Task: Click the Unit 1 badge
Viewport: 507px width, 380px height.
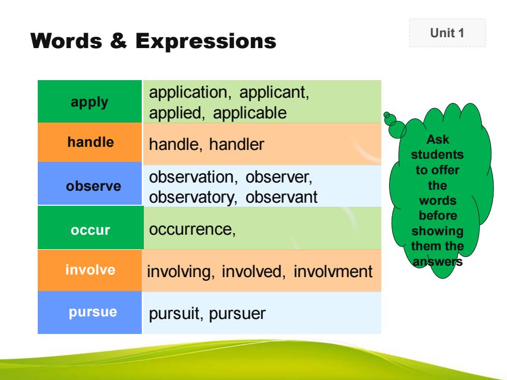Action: (447, 33)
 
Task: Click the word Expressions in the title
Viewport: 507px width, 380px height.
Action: (206, 41)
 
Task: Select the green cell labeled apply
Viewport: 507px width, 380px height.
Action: (90, 101)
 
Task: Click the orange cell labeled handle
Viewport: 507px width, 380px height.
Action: (90, 142)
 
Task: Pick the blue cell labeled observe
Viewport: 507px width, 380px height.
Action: (90, 183)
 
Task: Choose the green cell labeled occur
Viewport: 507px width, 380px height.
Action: (91, 228)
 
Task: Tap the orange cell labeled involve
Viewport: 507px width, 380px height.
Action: (90, 270)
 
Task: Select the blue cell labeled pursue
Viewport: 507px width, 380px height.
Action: (90, 312)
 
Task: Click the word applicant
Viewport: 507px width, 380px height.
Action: (274, 93)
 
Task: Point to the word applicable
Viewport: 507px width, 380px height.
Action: (249, 113)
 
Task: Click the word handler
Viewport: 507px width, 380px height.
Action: (236, 144)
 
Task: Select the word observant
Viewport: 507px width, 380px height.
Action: (281, 197)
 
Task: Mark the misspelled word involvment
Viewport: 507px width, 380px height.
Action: (333, 271)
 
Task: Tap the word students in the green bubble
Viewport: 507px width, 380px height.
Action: (437, 155)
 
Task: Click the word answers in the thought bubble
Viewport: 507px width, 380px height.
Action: (438, 262)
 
